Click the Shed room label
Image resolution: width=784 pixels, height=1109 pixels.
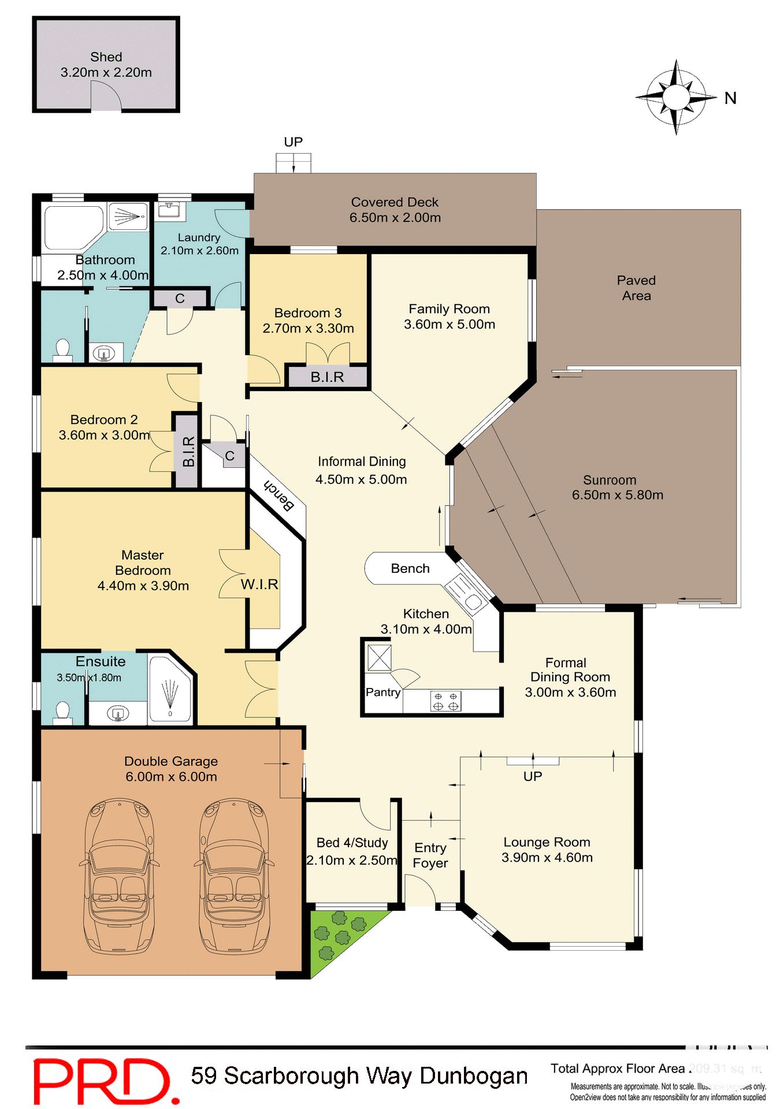pos(106,57)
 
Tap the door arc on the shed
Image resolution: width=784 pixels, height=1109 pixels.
pos(106,96)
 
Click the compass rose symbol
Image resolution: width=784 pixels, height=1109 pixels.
pos(676,96)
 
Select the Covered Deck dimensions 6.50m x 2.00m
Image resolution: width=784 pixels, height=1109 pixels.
pos(395,218)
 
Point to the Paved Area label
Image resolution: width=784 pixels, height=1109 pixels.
pos(636,288)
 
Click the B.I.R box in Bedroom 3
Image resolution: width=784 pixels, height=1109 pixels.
pos(328,377)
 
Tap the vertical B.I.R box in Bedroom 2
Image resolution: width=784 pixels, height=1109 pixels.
pos(188,451)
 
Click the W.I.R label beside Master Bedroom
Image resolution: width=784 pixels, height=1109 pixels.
pos(259,585)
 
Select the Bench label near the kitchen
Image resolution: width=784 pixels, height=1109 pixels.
pos(411,569)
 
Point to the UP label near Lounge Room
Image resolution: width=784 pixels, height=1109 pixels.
pos(533,777)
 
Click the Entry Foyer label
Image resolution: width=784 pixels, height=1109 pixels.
pos(430,855)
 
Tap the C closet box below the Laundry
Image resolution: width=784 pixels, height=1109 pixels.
pos(180,299)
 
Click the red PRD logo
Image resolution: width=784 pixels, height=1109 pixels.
pos(102,1080)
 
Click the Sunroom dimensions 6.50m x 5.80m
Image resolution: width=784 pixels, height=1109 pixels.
pos(618,495)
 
